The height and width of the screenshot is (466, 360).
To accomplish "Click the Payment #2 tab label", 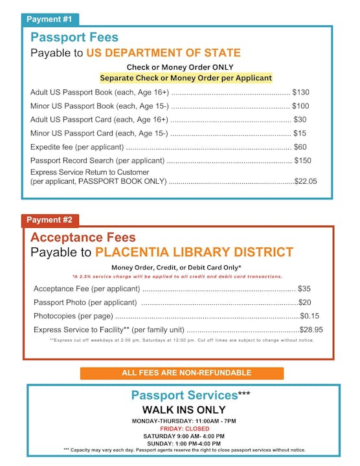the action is pyautogui.click(x=50, y=220).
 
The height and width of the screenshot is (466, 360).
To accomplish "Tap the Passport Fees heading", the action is pyautogui.click(x=74, y=38).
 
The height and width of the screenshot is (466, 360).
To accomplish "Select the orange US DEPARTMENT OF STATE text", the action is pyautogui.click(x=163, y=53).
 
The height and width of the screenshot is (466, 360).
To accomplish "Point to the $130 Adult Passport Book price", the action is pyautogui.click(x=300, y=93).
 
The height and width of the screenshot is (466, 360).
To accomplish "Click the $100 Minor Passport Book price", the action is pyautogui.click(x=300, y=106).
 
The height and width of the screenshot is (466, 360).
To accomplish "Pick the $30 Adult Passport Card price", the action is pyautogui.click(x=300, y=120).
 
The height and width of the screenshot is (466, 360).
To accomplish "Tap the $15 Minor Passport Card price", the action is pyautogui.click(x=300, y=133).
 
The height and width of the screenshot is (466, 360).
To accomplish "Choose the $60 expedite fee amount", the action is pyautogui.click(x=300, y=147).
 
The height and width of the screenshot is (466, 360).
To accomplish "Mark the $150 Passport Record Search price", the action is pyautogui.click(x=302, y=161).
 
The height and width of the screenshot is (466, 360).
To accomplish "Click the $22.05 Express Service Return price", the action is pyautogui.click(x=306, y=182).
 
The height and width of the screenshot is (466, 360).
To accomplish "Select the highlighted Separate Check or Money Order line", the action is pyautogui.click(x=186, y=78).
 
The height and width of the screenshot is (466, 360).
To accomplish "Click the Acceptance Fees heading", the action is pyautogui.click(x=82, y=237).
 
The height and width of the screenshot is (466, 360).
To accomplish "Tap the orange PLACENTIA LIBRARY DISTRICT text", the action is pyautogui.click(x=194, y=252).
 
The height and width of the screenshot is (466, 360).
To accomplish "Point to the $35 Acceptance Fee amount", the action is pyautogui.click(x=304, y=289).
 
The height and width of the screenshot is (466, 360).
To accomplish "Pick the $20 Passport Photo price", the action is pyautogui.click(x=305, y=302).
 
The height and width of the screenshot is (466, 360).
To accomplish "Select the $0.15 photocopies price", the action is pyautogui.click(x=309, y=316).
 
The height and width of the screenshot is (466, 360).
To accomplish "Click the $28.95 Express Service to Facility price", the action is pyautogui.click(x=311, y=330).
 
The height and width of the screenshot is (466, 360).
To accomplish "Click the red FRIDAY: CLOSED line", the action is pyautogui.click(x=185, y=428).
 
